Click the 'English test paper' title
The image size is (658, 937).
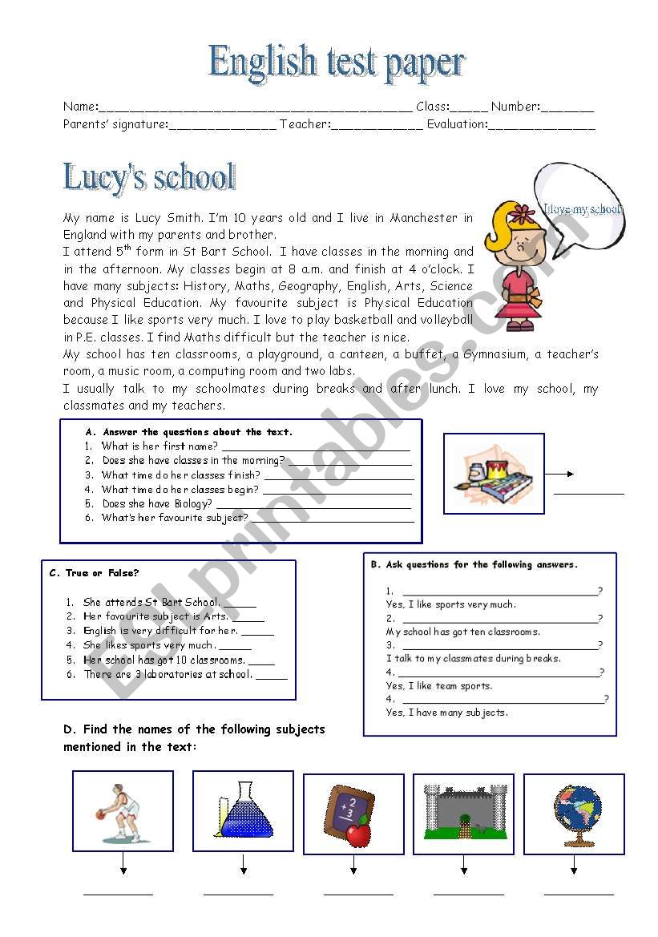[x=337, y=63]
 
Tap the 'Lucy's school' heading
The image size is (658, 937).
[x=149, y=177]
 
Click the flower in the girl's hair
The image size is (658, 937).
[x=523, y=214]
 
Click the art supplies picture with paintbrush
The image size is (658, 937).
[x=494, y=473]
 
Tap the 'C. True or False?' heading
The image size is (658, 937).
[x=95, y=573]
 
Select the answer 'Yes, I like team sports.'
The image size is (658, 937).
[x=439, y=686]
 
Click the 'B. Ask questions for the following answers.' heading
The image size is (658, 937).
[x=474, y=564]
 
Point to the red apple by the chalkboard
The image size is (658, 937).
[x=358, y=834]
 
